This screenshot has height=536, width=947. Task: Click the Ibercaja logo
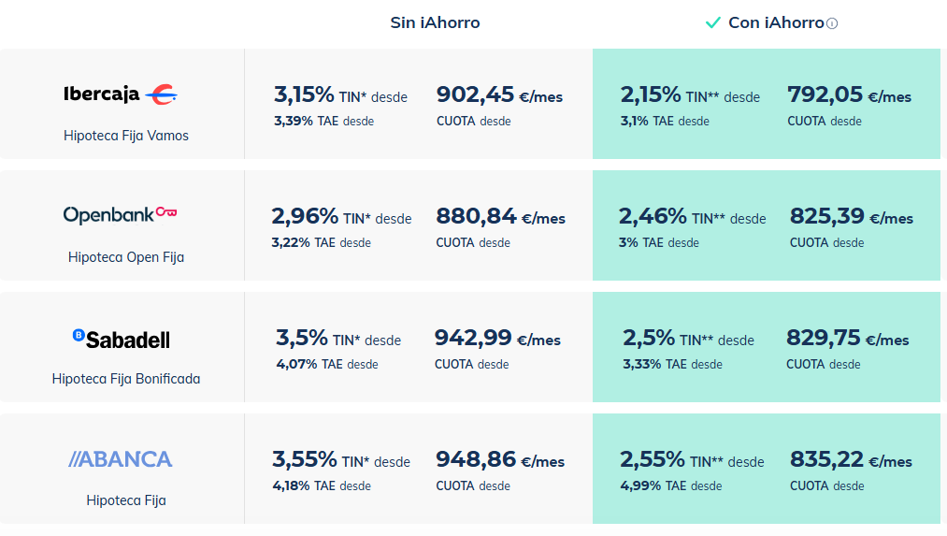(x=121, y=94)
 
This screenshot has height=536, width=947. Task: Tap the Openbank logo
(x=121, y=214)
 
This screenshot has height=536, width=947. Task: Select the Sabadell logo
(x=122, y=338)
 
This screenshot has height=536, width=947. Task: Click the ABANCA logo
(x=121, y=459)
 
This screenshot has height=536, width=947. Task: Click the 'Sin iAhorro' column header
(x=435, y=22)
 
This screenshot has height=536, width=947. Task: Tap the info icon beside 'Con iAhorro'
(x=832, y=23)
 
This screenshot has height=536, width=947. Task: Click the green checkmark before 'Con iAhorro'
(x=712, y=22)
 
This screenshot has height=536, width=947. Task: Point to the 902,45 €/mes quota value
(x=499, y=95)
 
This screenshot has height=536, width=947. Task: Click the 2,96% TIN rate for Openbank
(x=305, y=217)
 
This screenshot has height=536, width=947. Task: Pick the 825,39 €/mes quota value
(x=851, y=217)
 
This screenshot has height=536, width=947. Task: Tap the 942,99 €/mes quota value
(x=497, y=339)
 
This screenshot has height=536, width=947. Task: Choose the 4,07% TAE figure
(x=296, y=364)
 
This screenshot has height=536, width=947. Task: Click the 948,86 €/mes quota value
(x=500, y=460)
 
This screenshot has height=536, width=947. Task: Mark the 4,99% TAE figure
(x=640, y=485)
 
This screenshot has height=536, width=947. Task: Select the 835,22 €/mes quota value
(x=851, y=460)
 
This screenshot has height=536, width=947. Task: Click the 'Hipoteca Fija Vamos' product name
(x=126, y=136)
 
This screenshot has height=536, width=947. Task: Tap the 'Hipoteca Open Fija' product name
(x=126, y=257)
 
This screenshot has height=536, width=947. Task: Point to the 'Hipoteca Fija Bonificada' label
(x=126, y=379)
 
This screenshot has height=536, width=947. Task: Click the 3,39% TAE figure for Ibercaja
(x=294, y=121)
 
